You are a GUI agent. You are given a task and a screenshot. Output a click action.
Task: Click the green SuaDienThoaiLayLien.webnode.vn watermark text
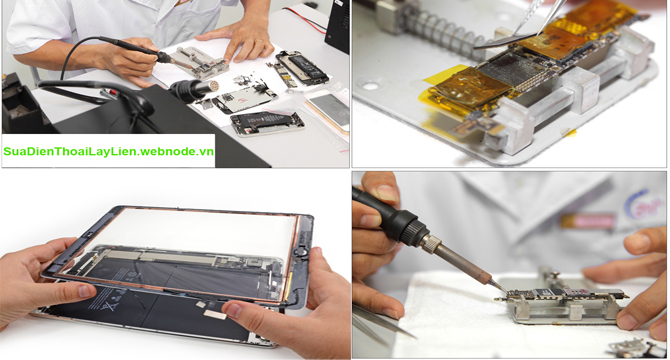tap(109, 151)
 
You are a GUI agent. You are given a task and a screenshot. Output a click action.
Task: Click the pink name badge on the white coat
tap(588, 221)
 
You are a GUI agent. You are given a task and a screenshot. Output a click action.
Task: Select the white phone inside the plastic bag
tap(330, 108)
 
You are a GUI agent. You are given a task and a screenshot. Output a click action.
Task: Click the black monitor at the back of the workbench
tap(338, 26)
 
